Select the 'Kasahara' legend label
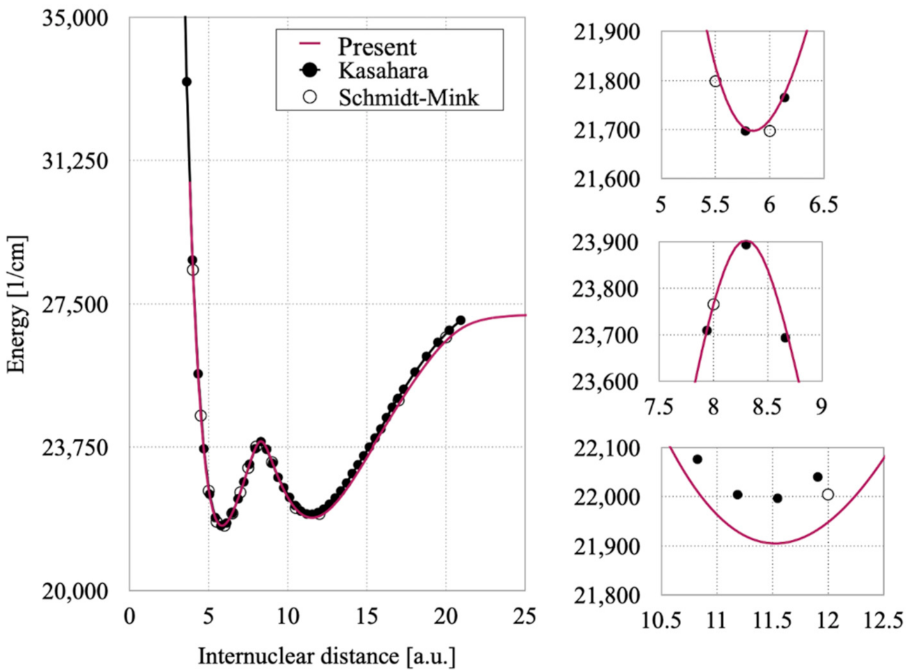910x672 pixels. [x=382, y=70]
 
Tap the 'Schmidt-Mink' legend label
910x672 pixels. [x=408, y=97]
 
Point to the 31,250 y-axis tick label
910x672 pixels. [x=75, y=161]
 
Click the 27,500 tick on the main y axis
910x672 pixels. [x=75, y=304]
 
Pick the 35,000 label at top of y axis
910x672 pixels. [x=75, y=18]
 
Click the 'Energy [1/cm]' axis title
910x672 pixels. [x=17, y=304]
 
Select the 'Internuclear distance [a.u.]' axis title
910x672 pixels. [x=327, y=656]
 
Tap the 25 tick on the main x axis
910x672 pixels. [x=524, y=616]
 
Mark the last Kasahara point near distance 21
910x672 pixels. [x=460, y=320]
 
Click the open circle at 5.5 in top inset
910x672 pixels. [x=715, y=81]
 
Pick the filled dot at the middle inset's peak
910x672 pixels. [x=746, y=245]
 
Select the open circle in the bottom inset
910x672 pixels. [x=828, y=494]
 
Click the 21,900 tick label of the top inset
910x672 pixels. [x=606, y=32]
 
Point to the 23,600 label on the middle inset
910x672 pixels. [x=605, y=382]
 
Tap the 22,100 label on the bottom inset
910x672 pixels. [x=607, y=449]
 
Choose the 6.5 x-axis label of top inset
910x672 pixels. [x=822, y=205]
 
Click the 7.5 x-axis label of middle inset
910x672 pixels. [x=659, y=407]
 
